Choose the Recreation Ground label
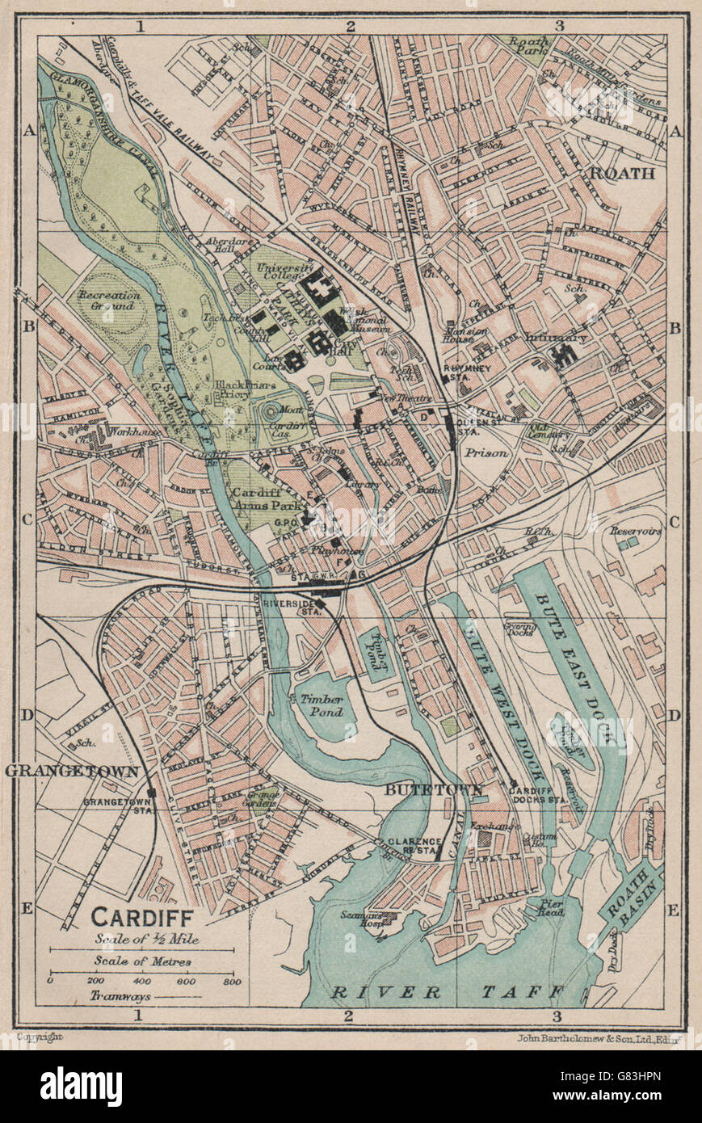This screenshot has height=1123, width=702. (x=110, y=301)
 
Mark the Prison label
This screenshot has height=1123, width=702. (x=486, y=453)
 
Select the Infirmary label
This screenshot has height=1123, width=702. (x=555, y=338)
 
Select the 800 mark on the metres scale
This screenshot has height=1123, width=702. (x=232, y=981)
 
